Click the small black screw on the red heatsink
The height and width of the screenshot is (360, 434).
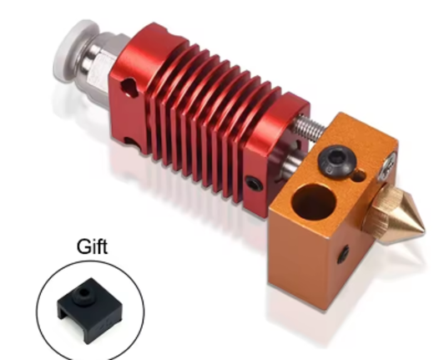coord(249,180)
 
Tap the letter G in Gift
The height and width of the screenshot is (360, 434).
coord(82,247)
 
